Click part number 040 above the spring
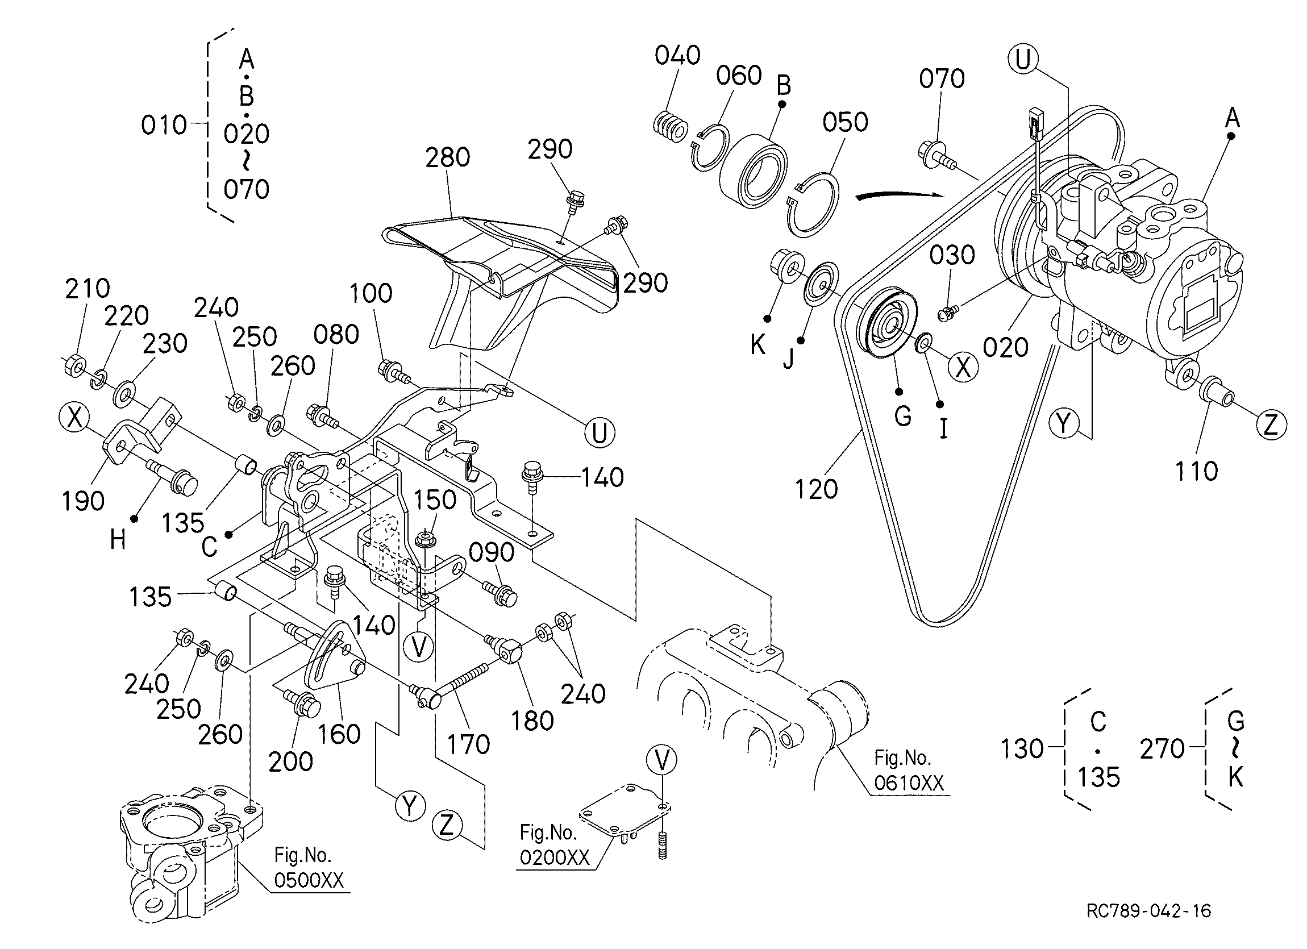(677, 55)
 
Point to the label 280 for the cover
(447, 157)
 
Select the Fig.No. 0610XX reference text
(909, 771)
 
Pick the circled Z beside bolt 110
(1270, 424)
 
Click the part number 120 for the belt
(816, 489)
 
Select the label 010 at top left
(164, 125)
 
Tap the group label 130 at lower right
(1022, 748)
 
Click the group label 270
(1162, 748)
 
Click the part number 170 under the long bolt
(468, 744)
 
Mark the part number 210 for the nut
(87, 289)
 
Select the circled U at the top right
(1023, 59)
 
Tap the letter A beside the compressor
(1231, 118)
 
